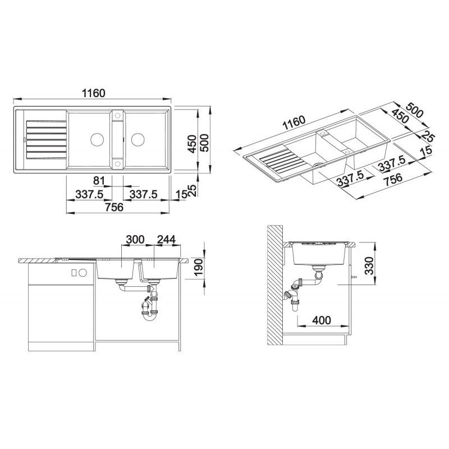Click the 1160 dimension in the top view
point(94,93)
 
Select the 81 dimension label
point(99,181)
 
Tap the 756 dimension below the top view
point(114,207)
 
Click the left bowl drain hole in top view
point(97,140)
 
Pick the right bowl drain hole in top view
point(138,140)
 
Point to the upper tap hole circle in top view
point(117,116)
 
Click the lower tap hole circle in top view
point(117,163)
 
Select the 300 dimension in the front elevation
point(135,240)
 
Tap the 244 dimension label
point(166,240)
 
